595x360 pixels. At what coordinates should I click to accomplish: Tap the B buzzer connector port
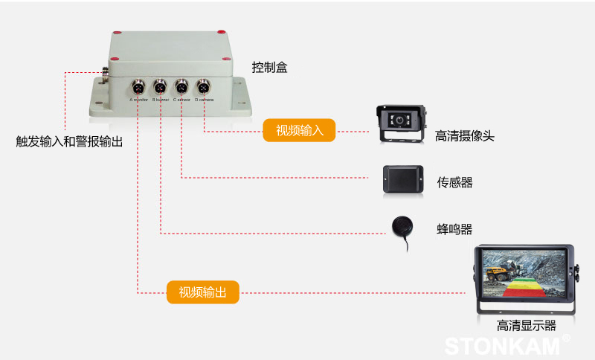click(x=159, y=85)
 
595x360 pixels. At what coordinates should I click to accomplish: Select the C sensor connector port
click(x=181, y=85)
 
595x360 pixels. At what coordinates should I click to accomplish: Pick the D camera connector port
click(x=202, y=85)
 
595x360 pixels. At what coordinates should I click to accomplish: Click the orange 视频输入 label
click(x=300, y=131)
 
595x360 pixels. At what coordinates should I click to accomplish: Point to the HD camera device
click(x=402, y=123)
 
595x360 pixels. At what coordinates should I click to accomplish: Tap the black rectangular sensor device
click(x=403, y=179)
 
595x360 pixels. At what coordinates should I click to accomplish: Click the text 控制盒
click(x=269, y=68)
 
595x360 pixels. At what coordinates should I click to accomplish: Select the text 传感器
click(x=454, y=182)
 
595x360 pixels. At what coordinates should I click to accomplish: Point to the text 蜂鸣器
click(x=454, y=229)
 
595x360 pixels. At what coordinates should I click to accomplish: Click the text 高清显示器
click(x=527, y=325)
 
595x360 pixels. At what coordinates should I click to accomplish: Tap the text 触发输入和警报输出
click(x=69, y=141)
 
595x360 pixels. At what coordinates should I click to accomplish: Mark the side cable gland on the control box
click(x=105, y=73)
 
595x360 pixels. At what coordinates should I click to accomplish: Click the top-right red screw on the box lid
click(x=220, y=32)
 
